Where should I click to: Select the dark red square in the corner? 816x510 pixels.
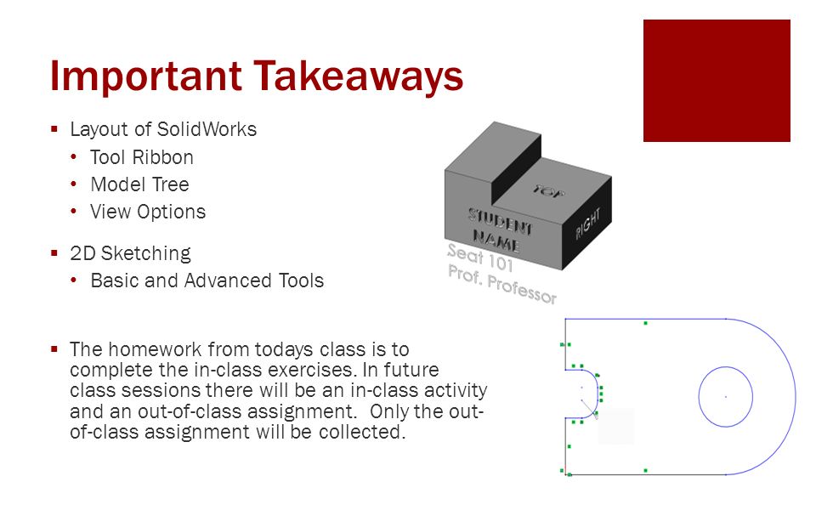(x=717, y=81)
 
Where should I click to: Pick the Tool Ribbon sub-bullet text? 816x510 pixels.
(x=142, y=157)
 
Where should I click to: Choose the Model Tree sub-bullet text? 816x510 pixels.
(x=139, y=184)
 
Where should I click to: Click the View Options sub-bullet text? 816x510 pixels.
(x=148, y=212)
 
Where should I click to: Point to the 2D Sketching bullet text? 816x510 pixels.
(x=130, y=253)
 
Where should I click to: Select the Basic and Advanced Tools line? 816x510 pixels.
(x=207, y=280)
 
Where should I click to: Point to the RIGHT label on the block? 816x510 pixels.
(x=587, y=224)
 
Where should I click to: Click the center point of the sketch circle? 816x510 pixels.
(x=725, y=397)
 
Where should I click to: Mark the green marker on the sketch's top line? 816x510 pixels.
(x=646, y=323)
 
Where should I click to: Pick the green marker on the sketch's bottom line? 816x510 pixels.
(x=646, y=470)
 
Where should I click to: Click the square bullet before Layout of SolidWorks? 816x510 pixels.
(x=54, y=130)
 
